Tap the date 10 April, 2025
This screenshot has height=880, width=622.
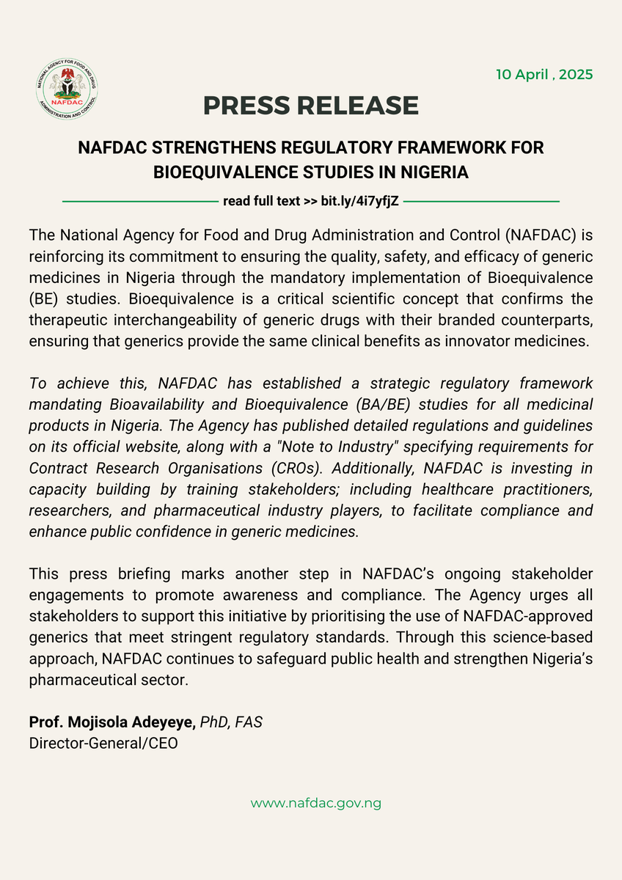coord(544,75)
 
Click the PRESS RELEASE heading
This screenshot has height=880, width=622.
coord(311,106)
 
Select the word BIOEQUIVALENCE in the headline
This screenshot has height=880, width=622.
coord(213,172)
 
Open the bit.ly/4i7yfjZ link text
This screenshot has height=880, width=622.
coord(356,199)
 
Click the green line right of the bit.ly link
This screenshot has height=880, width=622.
coord(482,200)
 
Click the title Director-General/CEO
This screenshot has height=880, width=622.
coord(103,743)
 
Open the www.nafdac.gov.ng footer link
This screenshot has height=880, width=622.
coord(316,803)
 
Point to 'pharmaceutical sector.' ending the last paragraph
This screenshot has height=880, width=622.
coord(109,679)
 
